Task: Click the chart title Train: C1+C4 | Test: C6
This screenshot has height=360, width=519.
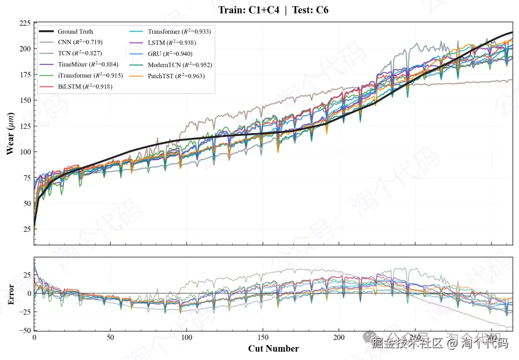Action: point(273,10)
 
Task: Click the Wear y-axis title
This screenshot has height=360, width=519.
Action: point(10,134)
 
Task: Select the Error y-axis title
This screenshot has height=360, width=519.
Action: point(10,294)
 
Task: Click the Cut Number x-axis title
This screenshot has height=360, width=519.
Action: point(273,348)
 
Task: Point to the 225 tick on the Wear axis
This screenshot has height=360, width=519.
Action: point(25,24)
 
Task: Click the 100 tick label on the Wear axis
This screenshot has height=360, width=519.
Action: point(25,152)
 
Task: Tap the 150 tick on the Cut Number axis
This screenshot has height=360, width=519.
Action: point(263,337)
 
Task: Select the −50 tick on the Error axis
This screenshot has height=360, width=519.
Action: point(24,331)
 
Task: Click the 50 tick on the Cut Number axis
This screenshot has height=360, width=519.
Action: point(111,337)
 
